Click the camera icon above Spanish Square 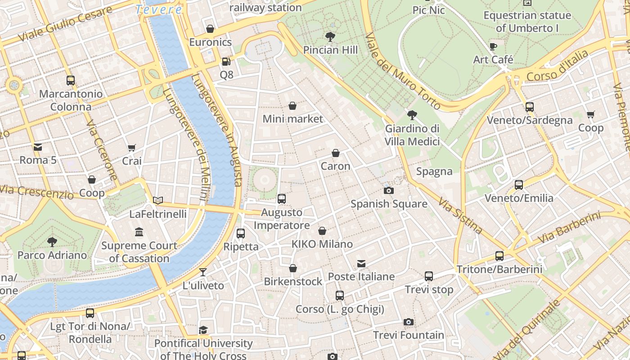click(x=389, y=190)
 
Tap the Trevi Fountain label click(x=408, y=335)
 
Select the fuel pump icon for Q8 click(x=226, y=61)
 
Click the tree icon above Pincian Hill click(x=330, y=36)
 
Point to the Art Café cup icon click(x=493, y=46)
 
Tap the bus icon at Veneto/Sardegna click(x=530, y=107)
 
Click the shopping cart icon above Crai click(x=132, y=148)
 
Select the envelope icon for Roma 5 click(x=38, y=147)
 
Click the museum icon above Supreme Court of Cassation click(x=139, y=232)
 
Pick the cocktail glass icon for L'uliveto click(x=203, y=272)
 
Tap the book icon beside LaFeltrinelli click(x=157, y=200)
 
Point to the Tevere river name click(x=159, y=9)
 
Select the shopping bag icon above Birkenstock click(x=293, y=268)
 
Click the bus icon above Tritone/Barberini click(x=499, y=256)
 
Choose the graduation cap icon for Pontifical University click(x=203, y=330)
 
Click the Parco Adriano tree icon click(x=52, y=242)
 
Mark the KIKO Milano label click(x=322, y=244)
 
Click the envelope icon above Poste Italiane click(x=361, y=263)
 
